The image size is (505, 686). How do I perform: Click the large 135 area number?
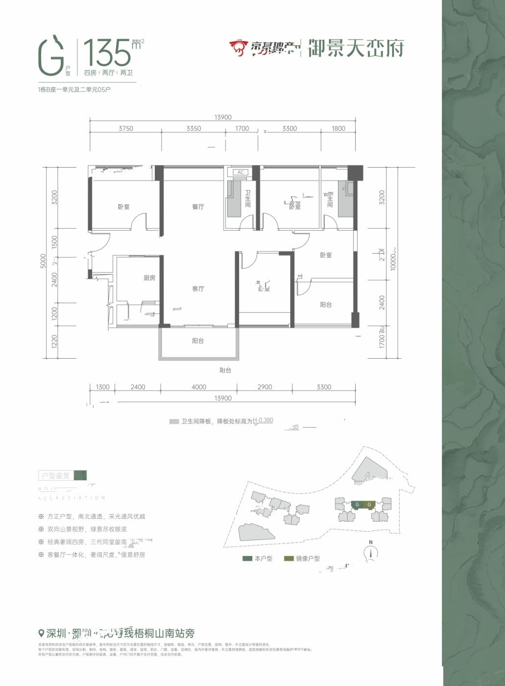point(107,52)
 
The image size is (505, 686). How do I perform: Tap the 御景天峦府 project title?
point(356,49)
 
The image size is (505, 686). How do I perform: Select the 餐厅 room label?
point(198,207)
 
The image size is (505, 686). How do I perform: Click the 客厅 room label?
point(198,289)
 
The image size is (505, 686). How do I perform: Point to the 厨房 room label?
point(149,278)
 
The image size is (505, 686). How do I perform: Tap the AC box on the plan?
point(240,172)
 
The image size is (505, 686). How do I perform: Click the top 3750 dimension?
point(126,128)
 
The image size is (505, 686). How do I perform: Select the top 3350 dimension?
point(193,128)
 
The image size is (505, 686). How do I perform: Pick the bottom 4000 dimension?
point(199,387)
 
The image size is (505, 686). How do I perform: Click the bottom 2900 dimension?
point(265,387)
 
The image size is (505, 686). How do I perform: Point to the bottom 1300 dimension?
point(103,387)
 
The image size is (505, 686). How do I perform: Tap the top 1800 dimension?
point(338,128)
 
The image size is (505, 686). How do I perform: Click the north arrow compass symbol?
point(371,553)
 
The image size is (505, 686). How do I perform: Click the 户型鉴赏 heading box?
point(57,475)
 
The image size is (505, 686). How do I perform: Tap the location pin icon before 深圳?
point(42,633)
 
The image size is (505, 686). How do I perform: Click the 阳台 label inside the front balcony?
point(198,341)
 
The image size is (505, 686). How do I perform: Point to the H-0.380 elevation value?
point(263,420)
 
